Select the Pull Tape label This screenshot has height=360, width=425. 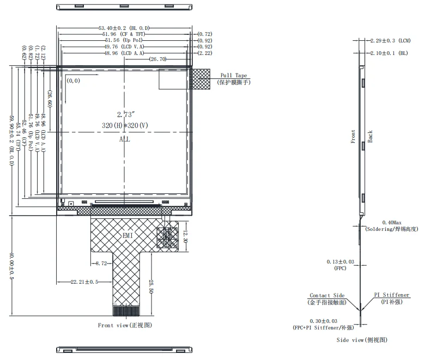pyautogui.click(x=233, y=75)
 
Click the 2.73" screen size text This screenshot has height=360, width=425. pyautogui.click(x=125, y=115)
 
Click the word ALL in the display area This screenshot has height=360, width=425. pyautogui.click(x=125, y=140)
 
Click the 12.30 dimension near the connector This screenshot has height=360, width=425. pyautogui.click(x=185, y=237)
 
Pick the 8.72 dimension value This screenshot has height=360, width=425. pyautogui.click(x=101, y=263)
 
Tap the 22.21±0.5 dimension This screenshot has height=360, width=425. pyautogui.click(x=84, y=282)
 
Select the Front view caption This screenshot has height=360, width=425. pyautogui.click(x=125, y=325)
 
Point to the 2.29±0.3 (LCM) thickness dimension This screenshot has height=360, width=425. pyautogui.click(x=390, y=41)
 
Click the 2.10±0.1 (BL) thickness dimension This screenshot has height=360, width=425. pyautogui.click(x=388, y=53)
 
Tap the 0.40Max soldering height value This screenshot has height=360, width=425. pyautogui.click(x=393, y=222)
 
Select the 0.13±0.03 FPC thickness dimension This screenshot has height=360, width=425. pyautogui.click(x=340, y=262)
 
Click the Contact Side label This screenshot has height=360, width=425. pyautogui.click(x=327, y=296)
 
